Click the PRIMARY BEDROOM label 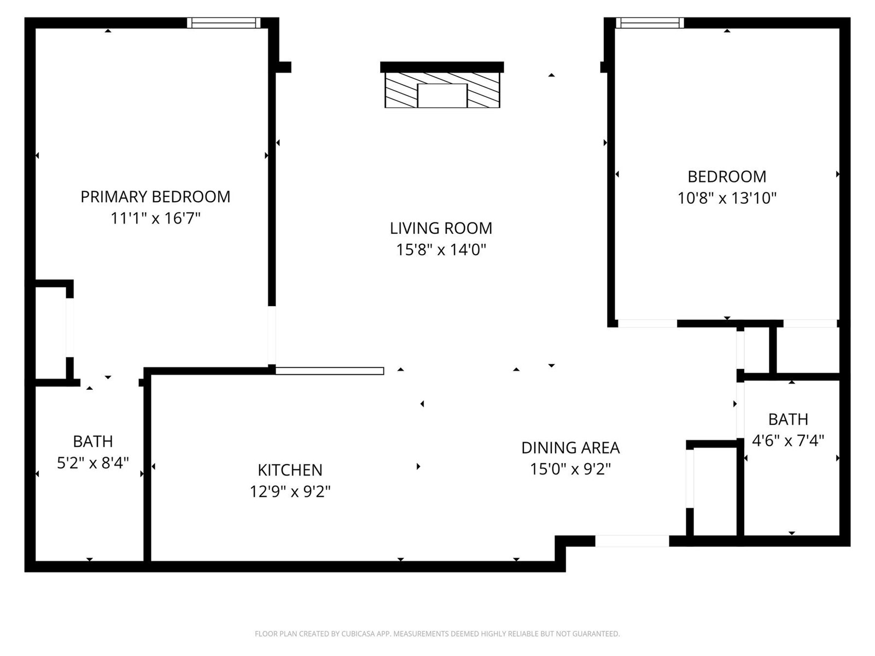click(155, 197)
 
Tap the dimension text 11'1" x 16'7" click(155, 219)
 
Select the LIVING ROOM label click(441, 228)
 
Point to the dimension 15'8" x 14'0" click(441, 250)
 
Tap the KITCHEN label click(290, 470)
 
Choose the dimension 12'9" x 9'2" click(290, 491)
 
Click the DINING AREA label click(570, 448)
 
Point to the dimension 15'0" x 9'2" click(570, 469)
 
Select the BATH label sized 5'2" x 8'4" click(93, 441)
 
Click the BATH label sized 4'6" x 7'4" click(788, 419)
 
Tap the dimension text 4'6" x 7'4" click(788, 441)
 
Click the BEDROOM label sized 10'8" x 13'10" click(727, 177)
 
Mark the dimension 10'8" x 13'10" click(727, 198)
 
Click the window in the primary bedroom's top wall click(223, 23)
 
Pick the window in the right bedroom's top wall click(650, 23)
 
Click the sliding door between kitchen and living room click(329, 371)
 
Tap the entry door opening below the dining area click(632, 541)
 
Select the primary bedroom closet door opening click(69, 327)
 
